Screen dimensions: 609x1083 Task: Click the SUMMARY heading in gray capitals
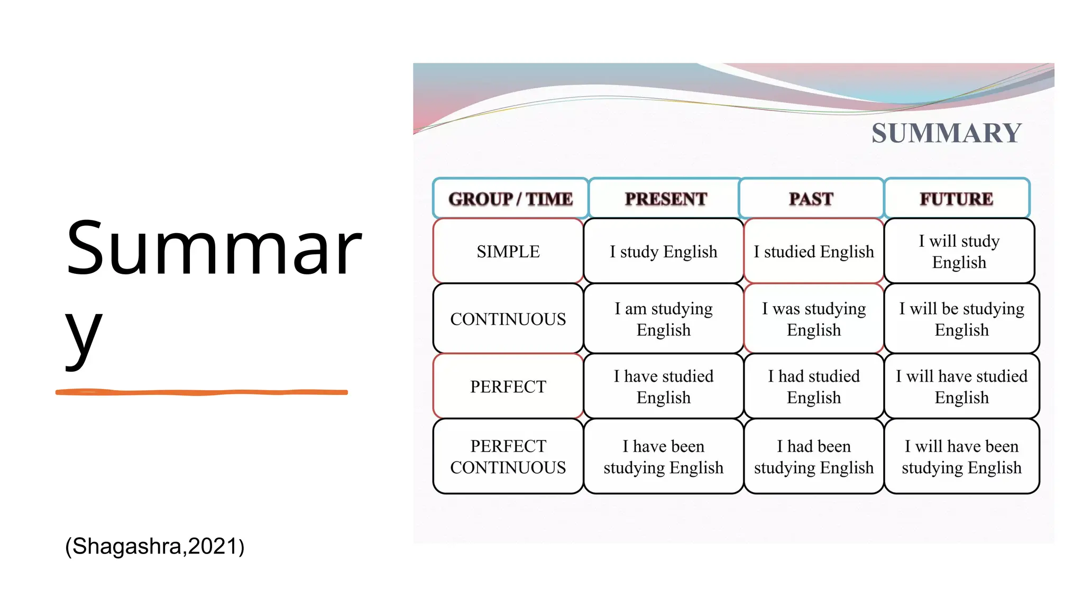tap(946, 133)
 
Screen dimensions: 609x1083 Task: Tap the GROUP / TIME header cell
tap(510, 199)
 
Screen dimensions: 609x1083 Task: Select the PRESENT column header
tap(665, 199)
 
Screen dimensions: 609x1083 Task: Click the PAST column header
tap(811, 199)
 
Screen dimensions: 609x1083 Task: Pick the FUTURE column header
tap(956, 199)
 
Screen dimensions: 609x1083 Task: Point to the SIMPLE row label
tap(508, 251)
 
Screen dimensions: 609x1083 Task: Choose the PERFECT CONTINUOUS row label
tap(508, 456)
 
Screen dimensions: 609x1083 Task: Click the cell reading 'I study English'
tap(663, 251)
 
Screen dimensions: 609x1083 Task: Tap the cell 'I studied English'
tap(813, 251)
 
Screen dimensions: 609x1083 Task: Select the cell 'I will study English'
tap(959, 251)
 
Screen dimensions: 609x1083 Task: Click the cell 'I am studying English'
tap(663, 319)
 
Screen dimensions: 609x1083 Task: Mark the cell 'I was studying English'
tap(813, 319)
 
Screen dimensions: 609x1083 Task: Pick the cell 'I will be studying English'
tap(961, 319)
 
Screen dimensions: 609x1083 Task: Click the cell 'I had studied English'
tap(813, 386)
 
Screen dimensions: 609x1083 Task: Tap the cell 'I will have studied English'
tap(961, 386)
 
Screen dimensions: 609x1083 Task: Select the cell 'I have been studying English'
tap(663, 456)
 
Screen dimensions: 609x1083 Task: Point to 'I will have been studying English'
tap(961, 456)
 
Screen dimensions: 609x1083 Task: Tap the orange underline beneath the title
tap(201, 392)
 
